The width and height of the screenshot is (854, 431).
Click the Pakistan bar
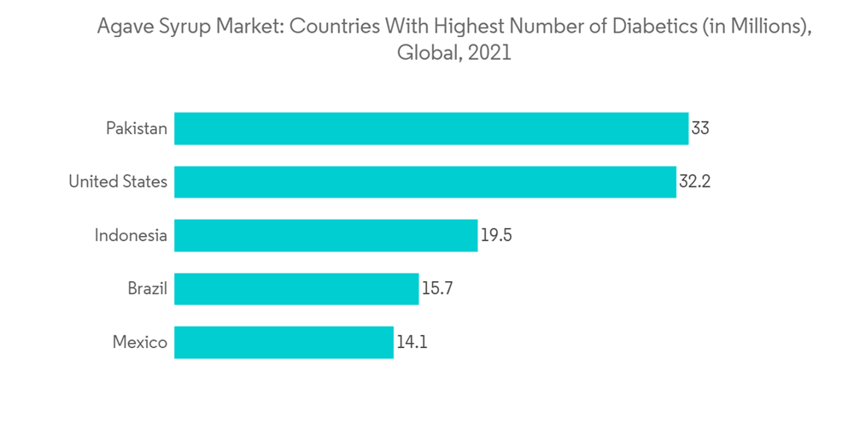(x=431, y=128)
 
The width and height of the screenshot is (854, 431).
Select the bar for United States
(x=425, y=182)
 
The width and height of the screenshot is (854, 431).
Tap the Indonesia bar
(x=325, y=235)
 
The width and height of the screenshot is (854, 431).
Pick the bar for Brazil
(x=296, y=289)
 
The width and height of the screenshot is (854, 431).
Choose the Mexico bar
(x=284, y=342)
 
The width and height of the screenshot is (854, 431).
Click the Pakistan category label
(x=137, y=128)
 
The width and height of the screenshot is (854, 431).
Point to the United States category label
(x=118, y=182)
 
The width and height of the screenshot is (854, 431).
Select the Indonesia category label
(x=131, y=235)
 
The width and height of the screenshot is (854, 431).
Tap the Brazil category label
(x=148, y=289)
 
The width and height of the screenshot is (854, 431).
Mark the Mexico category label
(x=140, y=342)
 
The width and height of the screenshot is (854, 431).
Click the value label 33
(x=700, y=128)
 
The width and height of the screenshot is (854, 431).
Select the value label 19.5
(x=496, y=235)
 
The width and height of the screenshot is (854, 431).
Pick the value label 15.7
(x=437, y=289)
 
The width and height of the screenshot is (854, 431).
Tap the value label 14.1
(x=412, y=342)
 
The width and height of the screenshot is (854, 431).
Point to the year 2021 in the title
(x=490, y=53)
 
